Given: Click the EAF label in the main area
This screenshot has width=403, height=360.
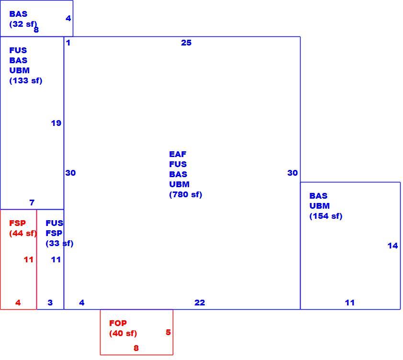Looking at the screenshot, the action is click(178, 154).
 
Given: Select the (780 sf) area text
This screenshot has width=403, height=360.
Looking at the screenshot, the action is click(186, 195).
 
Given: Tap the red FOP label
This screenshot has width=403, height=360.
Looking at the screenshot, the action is click(118, 323).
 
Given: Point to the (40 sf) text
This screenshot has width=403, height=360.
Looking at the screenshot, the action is click(123, 333).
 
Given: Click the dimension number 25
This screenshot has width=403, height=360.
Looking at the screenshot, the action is click(186, 43).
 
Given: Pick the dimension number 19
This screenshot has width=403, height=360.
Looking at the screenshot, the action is click(56, 123).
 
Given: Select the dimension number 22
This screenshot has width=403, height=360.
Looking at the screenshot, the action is click(200, 303).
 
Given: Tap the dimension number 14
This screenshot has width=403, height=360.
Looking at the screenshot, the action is click(392, 246).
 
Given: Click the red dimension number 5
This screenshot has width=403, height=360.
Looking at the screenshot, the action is click(168, 332).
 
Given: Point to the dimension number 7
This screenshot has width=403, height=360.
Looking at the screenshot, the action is click(32, 202).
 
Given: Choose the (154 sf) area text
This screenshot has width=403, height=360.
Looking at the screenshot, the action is click(325, 216).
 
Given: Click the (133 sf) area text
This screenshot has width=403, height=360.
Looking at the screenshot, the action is click(25, 81).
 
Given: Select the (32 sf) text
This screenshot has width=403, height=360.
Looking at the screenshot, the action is click(23, 24).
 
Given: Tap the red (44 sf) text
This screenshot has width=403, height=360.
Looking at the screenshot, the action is click(23, 233).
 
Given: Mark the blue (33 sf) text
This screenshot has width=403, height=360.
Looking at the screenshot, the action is click(59, 243).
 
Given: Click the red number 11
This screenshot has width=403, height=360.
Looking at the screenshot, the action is click(29, 260).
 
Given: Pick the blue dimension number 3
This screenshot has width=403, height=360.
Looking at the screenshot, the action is click(50, 303).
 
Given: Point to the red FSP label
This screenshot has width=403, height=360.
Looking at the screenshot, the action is click(17, 223).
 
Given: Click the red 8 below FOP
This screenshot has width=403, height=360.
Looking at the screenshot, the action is click(136, 348).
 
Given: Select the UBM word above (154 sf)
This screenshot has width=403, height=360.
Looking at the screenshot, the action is click(319, 206).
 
